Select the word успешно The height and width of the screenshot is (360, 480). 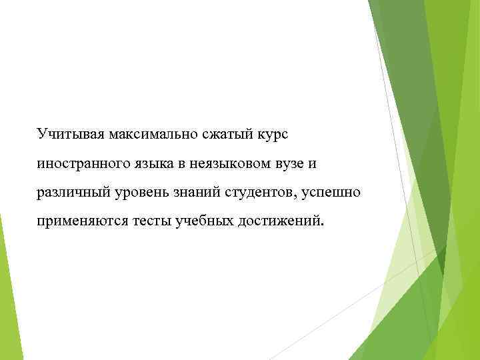point(331,194)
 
